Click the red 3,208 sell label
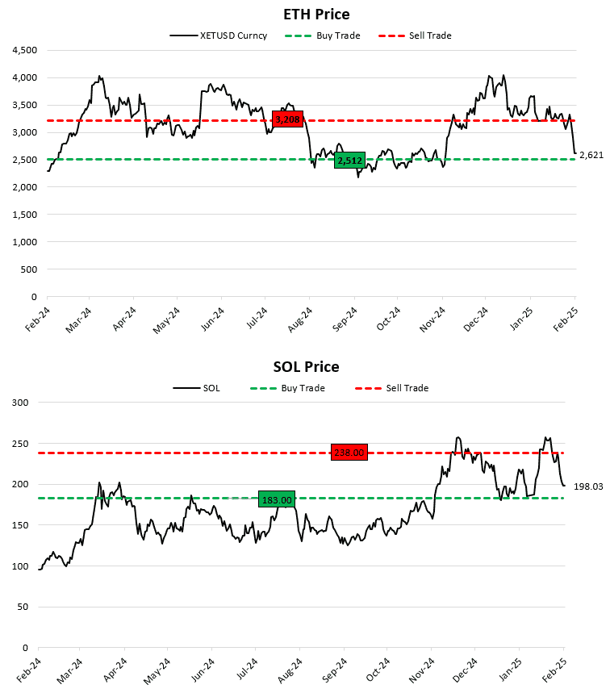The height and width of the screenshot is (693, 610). point(287,119)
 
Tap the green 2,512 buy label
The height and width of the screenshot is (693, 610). point(349,161)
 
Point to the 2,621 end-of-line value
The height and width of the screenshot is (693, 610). point(591,154)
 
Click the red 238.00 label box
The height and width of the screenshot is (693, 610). point(349,453)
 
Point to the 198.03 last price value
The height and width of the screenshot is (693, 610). point(589,486)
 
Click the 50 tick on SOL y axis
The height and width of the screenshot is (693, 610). point(22,607)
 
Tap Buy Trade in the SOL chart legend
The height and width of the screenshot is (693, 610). point(303,388)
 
